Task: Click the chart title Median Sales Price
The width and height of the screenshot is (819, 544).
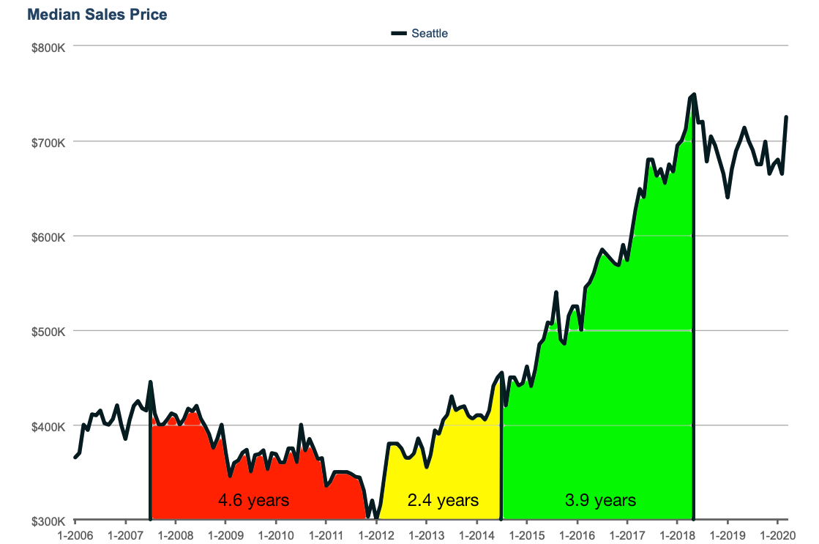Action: [97, 15]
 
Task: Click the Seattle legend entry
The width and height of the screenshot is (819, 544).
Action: [429, 33]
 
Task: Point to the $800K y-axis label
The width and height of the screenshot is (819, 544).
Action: [49, 47]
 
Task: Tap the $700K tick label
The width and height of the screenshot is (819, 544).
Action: [49, 141]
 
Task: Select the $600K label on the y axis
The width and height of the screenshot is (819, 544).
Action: [49, 236]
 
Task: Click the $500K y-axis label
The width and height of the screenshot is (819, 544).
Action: [49, 331]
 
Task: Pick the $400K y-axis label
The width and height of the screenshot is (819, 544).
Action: [49, 426]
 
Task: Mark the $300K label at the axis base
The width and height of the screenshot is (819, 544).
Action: [49, 521]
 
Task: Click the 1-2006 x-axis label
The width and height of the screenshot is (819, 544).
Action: [75, 534]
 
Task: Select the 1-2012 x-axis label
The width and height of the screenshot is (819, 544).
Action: [376, 534]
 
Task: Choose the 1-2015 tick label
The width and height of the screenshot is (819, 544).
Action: [527, 534]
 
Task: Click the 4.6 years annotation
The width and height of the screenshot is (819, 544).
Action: [254, 501]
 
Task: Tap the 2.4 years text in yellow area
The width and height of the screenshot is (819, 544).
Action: [443, 501]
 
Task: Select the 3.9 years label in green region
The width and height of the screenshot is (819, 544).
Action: [600, 501]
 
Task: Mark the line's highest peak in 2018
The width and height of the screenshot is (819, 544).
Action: [693, 94]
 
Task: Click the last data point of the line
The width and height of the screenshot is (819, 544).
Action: [786, 117]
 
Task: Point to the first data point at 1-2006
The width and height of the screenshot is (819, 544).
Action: [75, 458]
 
